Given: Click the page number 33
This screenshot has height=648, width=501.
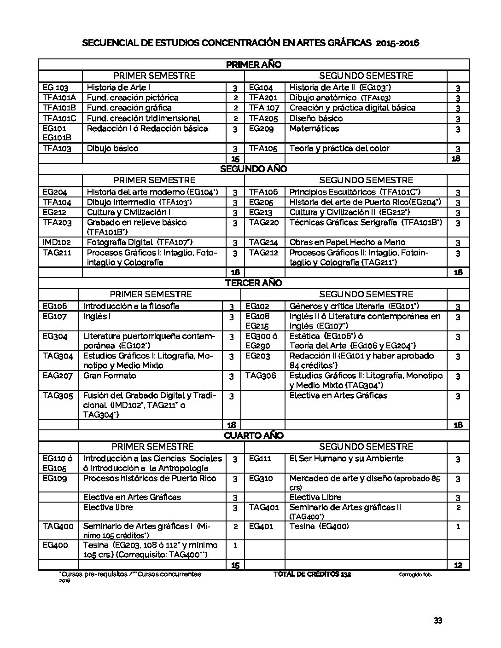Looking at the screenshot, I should (437, 620).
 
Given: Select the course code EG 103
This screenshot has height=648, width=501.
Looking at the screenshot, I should (55, 87).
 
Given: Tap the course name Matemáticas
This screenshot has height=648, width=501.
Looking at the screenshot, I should (314, 128).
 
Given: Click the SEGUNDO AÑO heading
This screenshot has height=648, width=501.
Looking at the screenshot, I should (253, 169).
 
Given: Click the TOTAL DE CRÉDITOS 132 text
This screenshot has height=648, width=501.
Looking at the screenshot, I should (312, 574).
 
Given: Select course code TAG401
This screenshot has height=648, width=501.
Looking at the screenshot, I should (264, 507).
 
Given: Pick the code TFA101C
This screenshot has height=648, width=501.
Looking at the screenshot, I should (59, 118).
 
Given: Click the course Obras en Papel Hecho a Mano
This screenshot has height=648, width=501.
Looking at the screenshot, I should (347, 242).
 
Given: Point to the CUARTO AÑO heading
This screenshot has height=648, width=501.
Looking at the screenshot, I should (253, 435).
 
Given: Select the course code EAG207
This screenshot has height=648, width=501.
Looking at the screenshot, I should (58, 376).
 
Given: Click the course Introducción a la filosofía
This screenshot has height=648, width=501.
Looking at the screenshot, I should (131, 306).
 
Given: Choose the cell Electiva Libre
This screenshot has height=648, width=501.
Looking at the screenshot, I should (315, 497).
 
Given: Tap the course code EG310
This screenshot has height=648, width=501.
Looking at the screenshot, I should (261, 478).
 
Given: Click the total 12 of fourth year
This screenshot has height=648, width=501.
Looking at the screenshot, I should (458, 565).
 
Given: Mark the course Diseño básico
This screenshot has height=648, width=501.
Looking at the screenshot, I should (316, 118).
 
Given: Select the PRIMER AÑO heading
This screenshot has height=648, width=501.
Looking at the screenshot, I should (253, 65).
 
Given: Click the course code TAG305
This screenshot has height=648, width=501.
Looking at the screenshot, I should (58, 395).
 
